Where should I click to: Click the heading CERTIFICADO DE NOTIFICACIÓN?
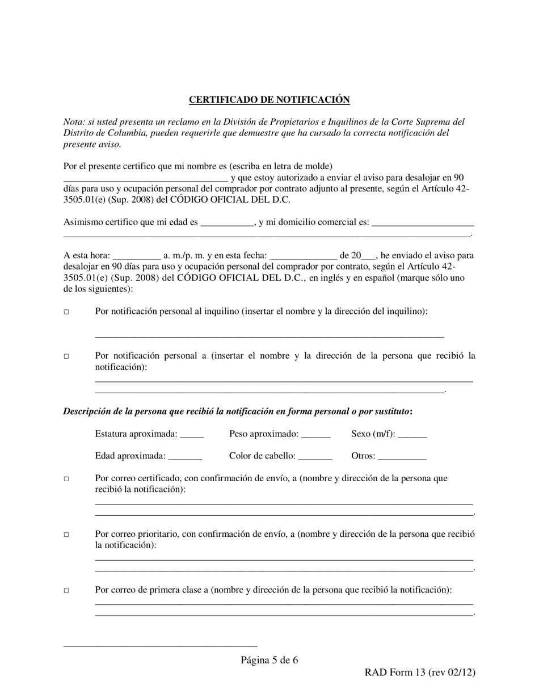coord(269,100)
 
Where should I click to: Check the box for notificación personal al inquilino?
coord(66,312)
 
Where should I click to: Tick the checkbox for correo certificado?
coord(66,479)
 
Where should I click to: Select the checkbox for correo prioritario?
coord(66,535)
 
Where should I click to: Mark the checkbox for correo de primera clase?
coord(66,591)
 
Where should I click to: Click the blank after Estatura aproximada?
coord(192,435)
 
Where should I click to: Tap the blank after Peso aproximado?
coord(315,435)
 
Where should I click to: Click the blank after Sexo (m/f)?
coord(412,435)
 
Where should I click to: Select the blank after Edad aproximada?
coord(185,457)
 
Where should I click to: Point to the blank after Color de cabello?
coord(315,457)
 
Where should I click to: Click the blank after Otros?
coord(402,457)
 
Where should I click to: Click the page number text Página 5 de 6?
coord(269,660)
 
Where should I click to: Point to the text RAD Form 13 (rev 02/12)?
coord(420,672)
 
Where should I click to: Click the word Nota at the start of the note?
coord(73,122)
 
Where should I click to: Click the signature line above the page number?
coord(160,645)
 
